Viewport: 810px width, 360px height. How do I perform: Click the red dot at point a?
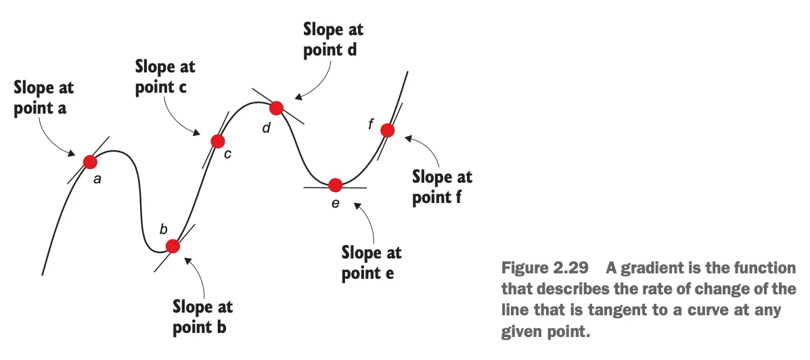coord(90,161)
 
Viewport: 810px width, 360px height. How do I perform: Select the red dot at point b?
coord(173,246)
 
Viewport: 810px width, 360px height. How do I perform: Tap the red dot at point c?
coord(217,141)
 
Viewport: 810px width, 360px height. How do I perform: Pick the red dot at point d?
coord(275,108)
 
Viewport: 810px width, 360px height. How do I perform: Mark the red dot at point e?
coord(335,185)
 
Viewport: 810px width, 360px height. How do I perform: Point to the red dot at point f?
coord(386,129)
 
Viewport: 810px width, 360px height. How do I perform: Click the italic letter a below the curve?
coord(97,180)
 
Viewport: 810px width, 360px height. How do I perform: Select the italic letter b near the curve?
coord(163,229)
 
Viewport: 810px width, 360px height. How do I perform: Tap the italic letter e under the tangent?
coord(336,202)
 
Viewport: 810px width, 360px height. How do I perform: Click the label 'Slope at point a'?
coord(44,98)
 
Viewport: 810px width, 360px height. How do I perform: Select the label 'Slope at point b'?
coord(203,317)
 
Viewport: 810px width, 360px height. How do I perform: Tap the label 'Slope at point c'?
coord(165,76)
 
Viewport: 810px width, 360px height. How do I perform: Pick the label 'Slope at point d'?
coord(333,39)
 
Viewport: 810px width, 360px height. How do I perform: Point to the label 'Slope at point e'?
coord(372,263)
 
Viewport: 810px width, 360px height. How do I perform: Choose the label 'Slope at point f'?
coord(443,187)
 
